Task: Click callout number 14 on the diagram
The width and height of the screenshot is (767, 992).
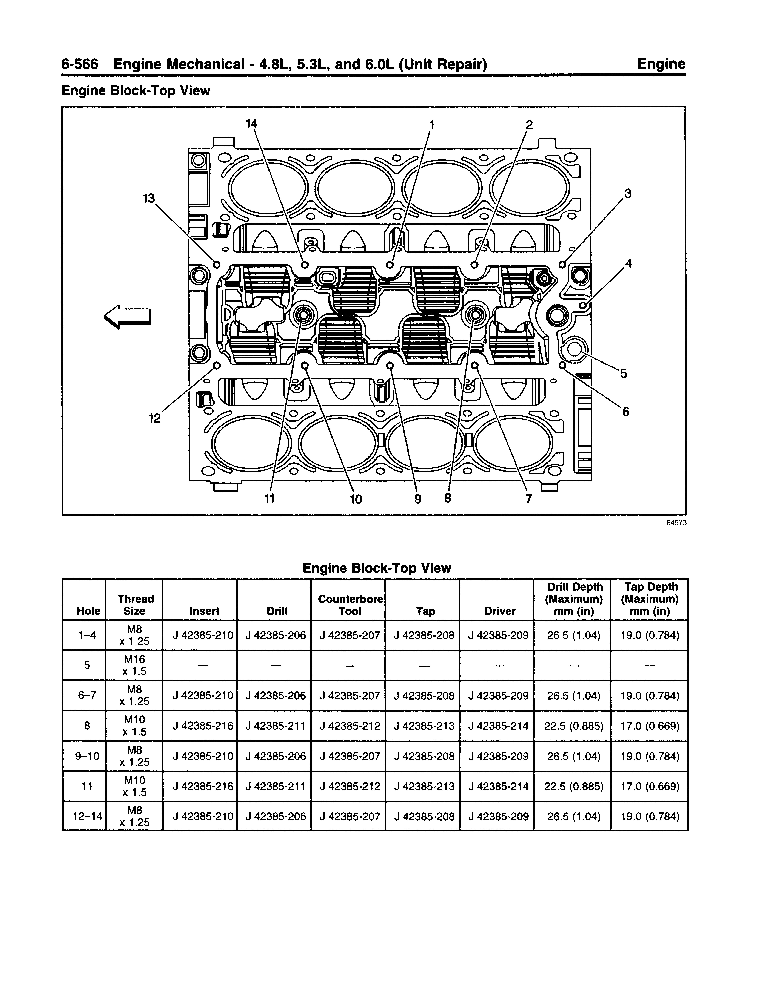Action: (x=251, y=124)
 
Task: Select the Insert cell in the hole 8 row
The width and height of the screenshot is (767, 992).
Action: (x=203, y=726)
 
